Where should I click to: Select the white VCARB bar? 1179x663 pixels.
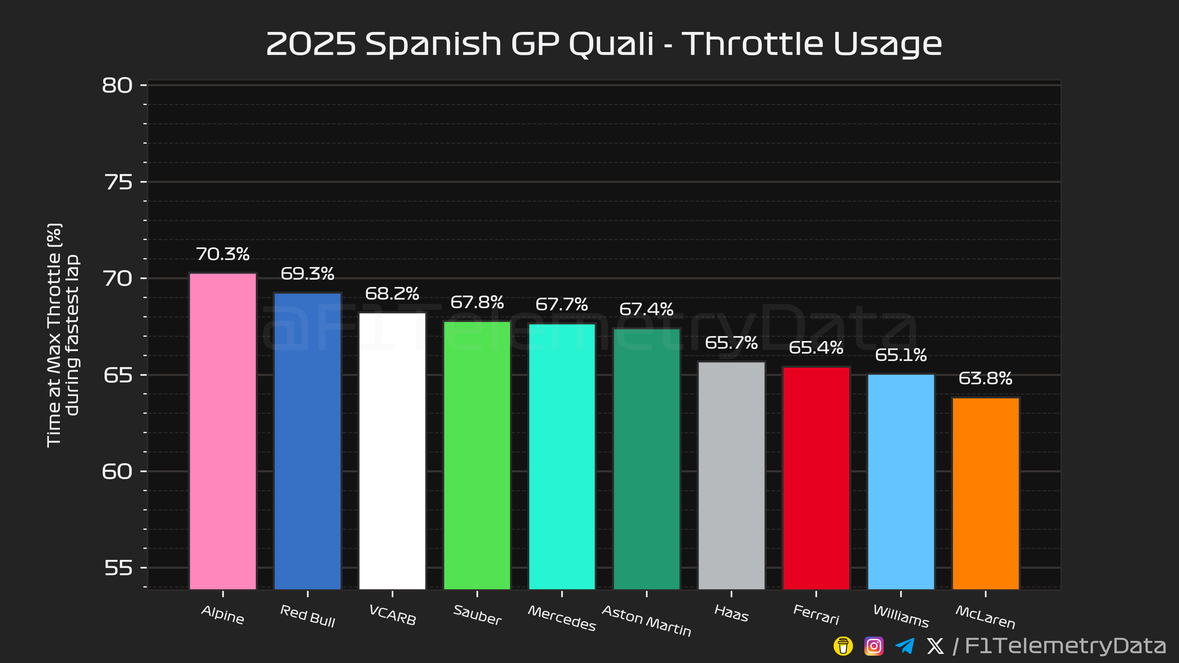392,451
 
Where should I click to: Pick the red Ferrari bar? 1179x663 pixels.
816,478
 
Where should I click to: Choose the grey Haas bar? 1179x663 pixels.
731,476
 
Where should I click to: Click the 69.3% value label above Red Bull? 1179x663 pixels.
308,273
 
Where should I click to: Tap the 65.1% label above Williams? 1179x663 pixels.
901,355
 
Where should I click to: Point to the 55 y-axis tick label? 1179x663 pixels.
118,568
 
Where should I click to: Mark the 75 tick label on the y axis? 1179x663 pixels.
118,182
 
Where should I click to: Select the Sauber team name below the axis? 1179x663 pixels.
477,615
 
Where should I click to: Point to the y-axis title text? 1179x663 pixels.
63,335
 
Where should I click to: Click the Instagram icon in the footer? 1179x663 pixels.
874,646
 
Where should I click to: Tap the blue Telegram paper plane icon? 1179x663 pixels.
905,646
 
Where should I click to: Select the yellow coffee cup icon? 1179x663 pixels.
843,646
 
